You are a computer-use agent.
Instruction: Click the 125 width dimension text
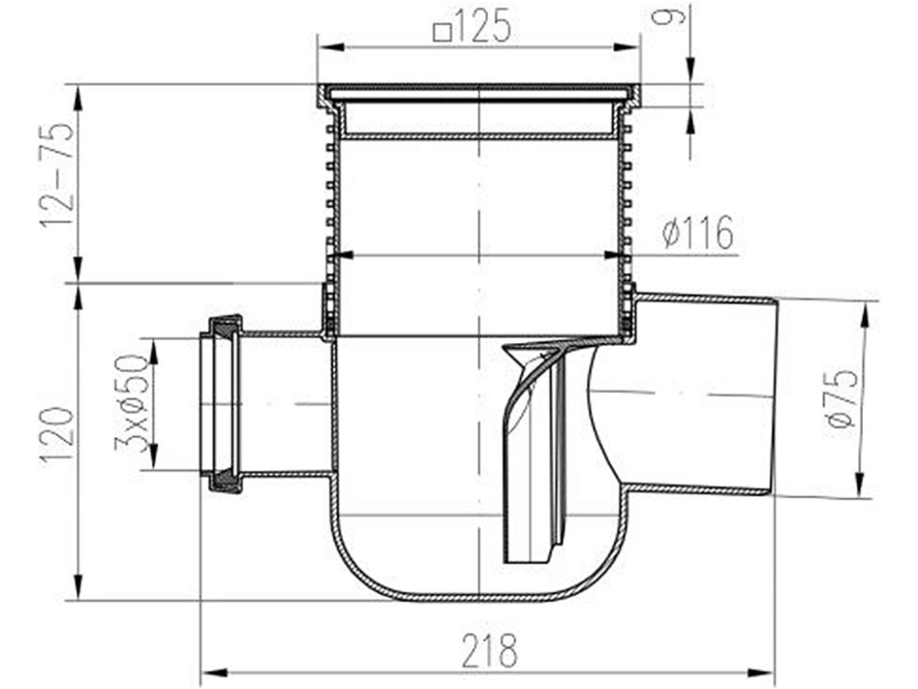tap(483, 27)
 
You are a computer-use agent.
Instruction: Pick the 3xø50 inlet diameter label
tap(131, 405)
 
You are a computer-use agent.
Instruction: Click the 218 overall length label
tap(490, 651)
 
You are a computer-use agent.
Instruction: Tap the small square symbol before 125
tap(443, 31)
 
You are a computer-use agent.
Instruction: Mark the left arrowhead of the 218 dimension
tap(213, 672)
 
